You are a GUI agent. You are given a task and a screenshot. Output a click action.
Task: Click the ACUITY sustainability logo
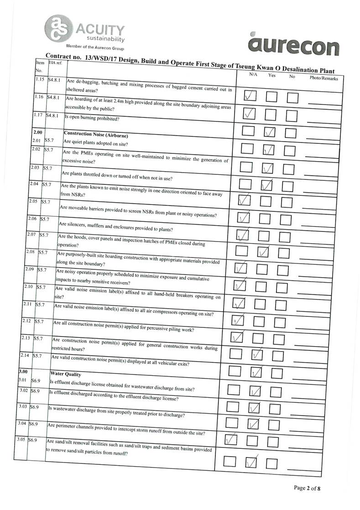click(x=84, y=30)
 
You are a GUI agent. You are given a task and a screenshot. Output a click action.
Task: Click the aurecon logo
click(x=294, y=46)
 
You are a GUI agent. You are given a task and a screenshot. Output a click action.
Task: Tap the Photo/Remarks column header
click(x=323, y=79)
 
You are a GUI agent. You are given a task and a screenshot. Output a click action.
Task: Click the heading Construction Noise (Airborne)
click(x=96, y=135)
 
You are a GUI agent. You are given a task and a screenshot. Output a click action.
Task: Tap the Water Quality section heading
click(x=66, y=374)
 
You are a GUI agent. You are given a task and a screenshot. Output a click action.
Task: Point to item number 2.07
click(x=32, y=235)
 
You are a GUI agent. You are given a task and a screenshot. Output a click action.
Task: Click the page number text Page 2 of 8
click(x=307, y=488)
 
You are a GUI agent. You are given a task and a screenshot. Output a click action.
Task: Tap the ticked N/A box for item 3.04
click(x=232, y=440)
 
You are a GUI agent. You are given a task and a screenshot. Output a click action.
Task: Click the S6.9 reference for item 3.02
click(x=35, y=391)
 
